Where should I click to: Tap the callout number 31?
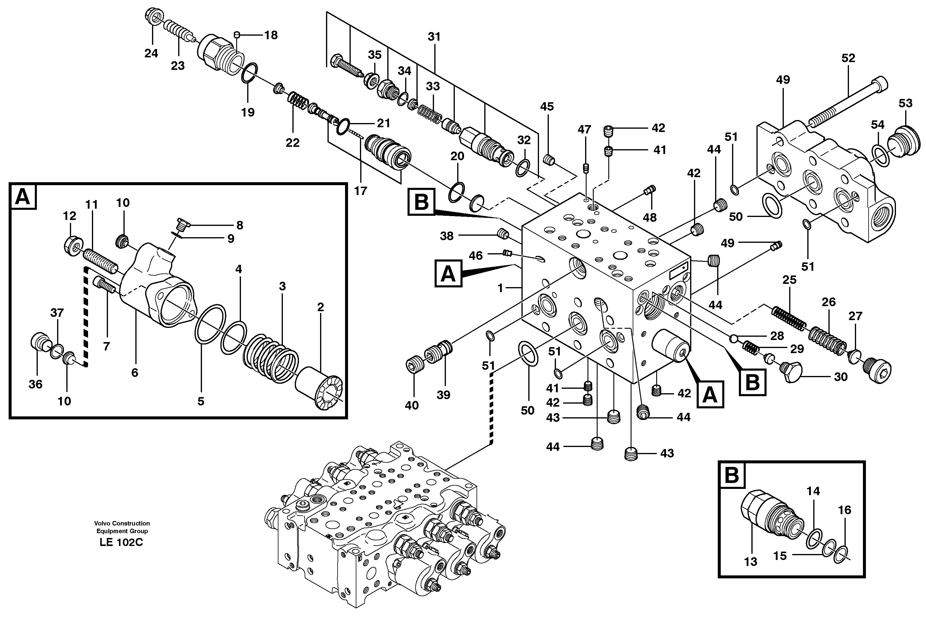coord(434,37)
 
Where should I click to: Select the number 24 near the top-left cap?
coord(151,53)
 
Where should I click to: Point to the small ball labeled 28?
coord(733,339)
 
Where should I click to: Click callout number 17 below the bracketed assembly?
coord(360,191)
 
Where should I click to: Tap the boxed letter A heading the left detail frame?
coord(23,197)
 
